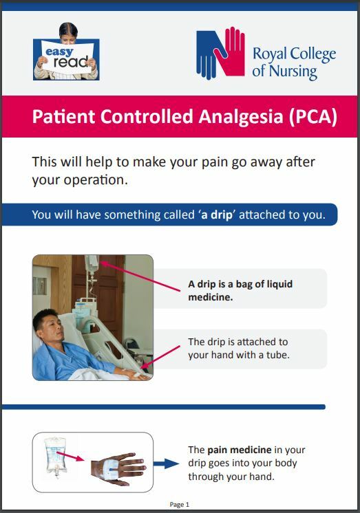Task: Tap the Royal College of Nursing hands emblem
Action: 220,53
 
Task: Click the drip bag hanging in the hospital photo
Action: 92,265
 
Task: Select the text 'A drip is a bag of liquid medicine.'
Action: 240,290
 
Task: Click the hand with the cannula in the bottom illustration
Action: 117,468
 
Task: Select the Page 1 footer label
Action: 179,505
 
